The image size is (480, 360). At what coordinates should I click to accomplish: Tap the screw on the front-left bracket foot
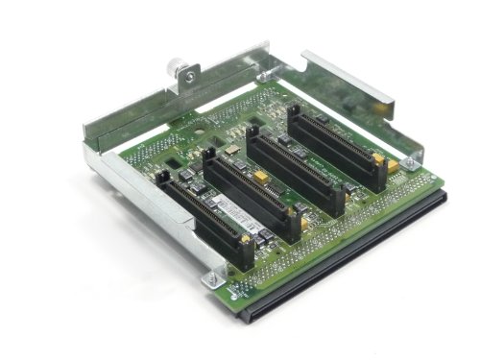pyautogui.click(x=209, y=279)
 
